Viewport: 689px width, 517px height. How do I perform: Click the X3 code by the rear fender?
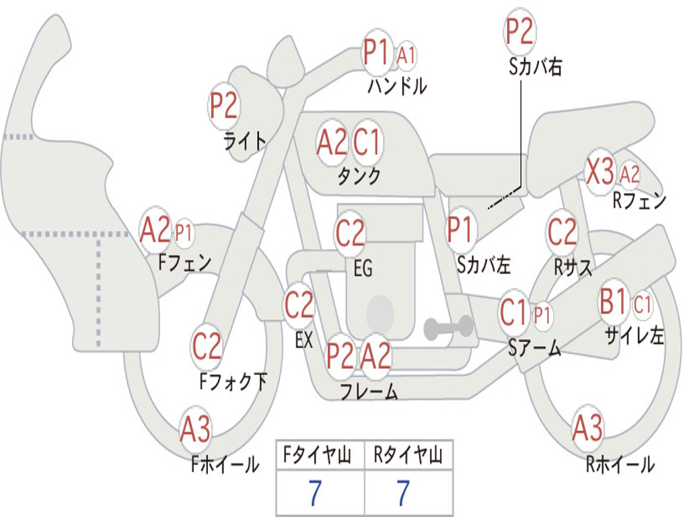tap(600, 171)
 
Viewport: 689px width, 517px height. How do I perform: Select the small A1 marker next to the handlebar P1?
tap(406, 55)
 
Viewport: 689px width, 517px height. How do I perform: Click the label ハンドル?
tap(397, 86)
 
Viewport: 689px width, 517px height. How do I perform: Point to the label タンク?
tap(359, 176)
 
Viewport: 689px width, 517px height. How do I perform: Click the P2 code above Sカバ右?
tap(519, 31)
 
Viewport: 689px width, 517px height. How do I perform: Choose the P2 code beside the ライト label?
tap(223, 106)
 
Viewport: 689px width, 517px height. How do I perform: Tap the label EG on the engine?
tap(363, 268)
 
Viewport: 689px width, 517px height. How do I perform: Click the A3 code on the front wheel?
tap(195, 429)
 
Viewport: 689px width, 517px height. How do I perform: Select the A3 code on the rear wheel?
tap(587, 427)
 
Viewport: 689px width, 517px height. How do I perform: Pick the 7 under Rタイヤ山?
tap(404, 493)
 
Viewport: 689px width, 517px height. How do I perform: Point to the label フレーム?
tap(369, 391)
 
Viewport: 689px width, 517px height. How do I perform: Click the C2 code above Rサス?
tap(562, 232)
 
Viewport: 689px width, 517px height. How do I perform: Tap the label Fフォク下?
tap(233, 382)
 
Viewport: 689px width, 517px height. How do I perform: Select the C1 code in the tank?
tap(367, 143)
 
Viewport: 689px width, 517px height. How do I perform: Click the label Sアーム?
tap(535, 348)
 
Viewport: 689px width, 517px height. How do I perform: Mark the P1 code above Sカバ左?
tap(460, 230)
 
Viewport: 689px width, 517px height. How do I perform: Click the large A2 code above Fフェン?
tap(155, 230)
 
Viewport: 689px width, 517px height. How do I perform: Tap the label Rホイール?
tap(620, 464)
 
